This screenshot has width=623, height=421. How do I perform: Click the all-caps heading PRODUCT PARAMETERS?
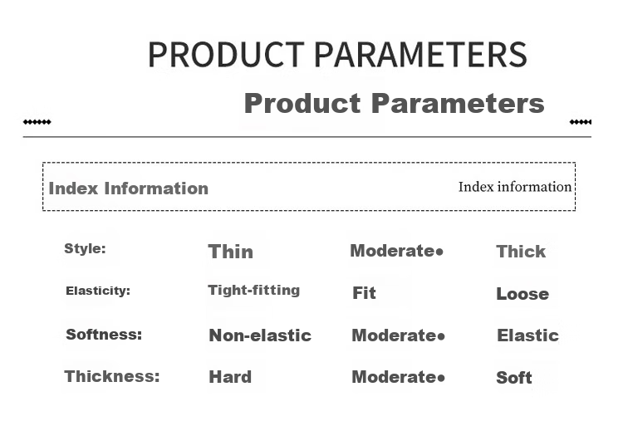click(x=337, y=54)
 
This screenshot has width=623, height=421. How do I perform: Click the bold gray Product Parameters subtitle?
click(x=394, y=103)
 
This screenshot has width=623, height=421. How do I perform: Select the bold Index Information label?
click(x=128, y=188)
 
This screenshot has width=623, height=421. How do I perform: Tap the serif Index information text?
click(x=515, y=187)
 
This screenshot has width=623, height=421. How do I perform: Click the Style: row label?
click(x=85, y=248)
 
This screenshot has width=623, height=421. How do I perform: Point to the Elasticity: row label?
click(x=98, y=291)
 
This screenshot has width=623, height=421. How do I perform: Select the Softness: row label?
click(x=104, y=335)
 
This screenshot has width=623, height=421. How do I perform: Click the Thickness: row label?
click(x=112, y=376)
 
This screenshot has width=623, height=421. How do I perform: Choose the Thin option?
click(x=230, y=252)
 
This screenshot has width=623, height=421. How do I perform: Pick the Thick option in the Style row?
click(x=521, y=252)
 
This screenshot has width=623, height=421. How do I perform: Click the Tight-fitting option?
click(x=254, y=291)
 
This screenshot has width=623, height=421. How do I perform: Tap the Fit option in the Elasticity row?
click(x=364, y=293)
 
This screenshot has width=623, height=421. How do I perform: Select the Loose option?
click(x=522, y=294)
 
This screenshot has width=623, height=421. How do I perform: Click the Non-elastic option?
click(x=260, y=335)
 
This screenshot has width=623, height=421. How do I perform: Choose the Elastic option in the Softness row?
click(x=527, y=335)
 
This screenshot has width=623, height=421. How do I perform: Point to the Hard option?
click(x=230, y=377)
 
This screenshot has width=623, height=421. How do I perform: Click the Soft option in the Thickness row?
click(x=513, y=378)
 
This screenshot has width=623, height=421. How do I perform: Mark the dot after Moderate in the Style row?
click(x=439, y=252)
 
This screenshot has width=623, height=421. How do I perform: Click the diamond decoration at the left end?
click(x=37, y=122)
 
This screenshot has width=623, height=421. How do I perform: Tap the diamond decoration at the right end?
click(x=581, y=122)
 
